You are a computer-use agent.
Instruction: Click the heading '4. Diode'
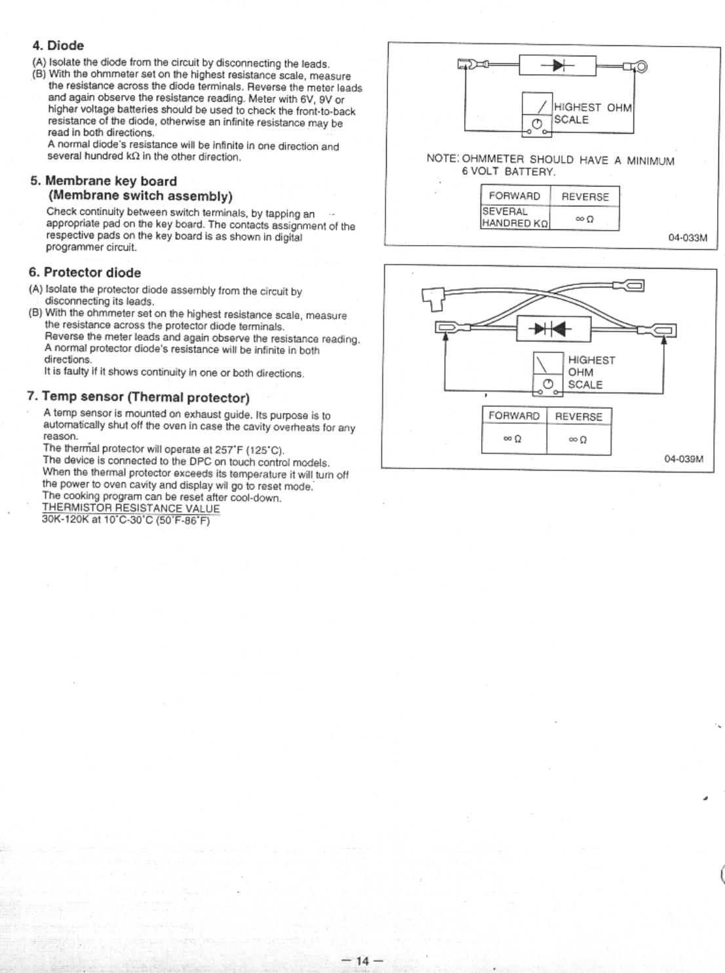[58, 46]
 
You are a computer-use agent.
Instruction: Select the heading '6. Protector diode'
[85, 273]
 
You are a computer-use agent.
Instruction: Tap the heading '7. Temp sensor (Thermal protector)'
[138, 397]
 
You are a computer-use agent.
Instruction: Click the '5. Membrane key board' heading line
[104, 181]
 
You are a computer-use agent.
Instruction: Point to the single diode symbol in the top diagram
[557, 66]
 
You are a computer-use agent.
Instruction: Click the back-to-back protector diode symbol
[553, 328]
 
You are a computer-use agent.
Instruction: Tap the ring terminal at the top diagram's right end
[641, 66]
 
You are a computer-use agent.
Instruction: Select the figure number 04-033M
[688, 237]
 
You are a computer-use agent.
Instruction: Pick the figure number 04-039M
[684, 459]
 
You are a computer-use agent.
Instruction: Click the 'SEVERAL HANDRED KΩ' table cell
[515, 217]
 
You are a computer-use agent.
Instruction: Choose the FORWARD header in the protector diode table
[514, 416]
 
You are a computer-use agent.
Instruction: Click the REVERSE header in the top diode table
[585, 197]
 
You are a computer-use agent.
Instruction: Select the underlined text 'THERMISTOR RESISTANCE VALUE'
[131, 508]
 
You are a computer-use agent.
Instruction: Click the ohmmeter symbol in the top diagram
[538, 115]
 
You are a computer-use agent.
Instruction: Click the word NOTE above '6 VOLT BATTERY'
[442, 160]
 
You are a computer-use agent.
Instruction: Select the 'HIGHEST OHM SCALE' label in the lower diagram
[591, 372]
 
